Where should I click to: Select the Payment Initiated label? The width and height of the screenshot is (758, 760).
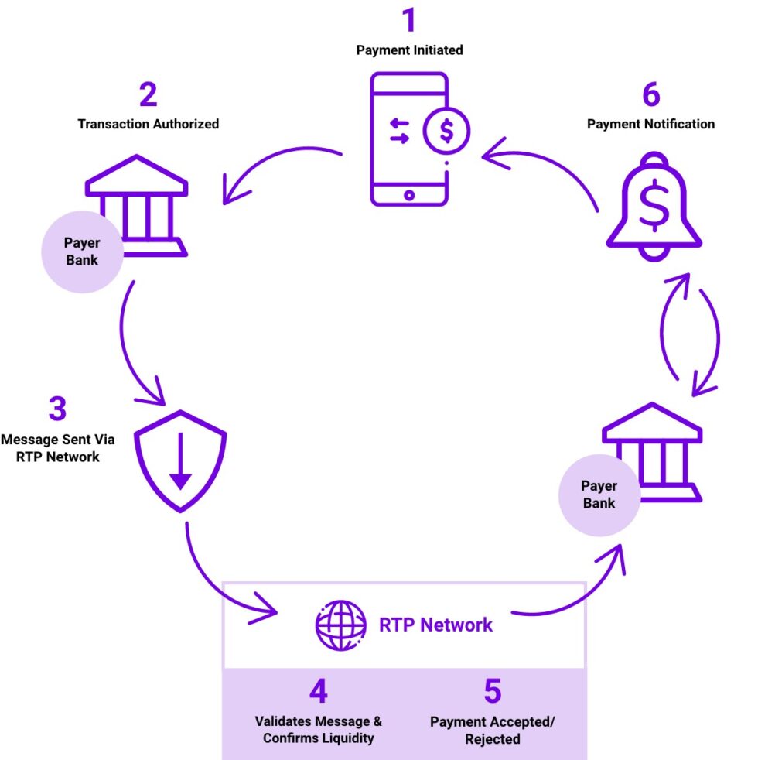coord(409,50)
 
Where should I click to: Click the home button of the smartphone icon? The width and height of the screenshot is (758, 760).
coord(409,195)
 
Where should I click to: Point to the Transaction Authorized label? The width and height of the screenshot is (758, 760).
coord(148,124)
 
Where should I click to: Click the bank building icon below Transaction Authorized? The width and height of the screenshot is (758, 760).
coord(138,203)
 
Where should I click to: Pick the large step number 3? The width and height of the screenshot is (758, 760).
coord(57,409)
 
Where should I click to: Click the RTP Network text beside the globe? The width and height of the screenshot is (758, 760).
coord(435,625)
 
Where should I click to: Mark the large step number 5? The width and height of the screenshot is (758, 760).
coord(492,691)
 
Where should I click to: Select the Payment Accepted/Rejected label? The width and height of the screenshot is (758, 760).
coord(492,730)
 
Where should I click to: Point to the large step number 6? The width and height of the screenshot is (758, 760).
coord(650,94)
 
